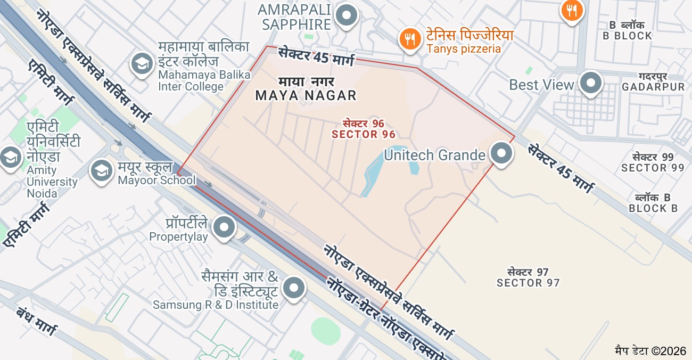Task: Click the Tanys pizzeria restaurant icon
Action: pos(409,39)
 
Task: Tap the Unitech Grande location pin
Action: pos(501,153)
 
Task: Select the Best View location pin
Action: pos(590,83)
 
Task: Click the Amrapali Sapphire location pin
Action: pos(348,15)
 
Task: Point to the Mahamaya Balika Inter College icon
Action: pos(142,64)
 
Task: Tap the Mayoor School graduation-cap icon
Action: pos(101,170)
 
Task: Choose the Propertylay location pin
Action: pos(224,227)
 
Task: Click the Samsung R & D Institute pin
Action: pos(294,288)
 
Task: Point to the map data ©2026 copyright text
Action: pos(650,351)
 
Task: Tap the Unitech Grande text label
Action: pos(434,155)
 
